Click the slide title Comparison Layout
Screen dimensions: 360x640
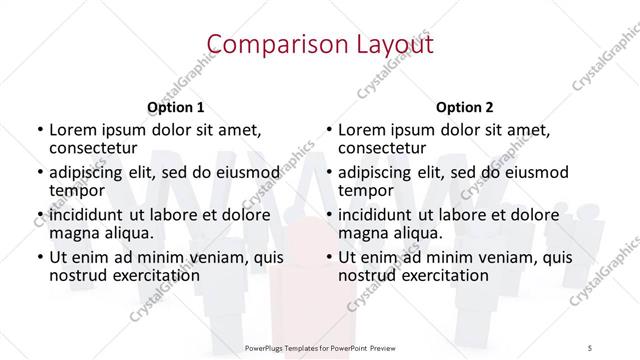click(x=320, y=43)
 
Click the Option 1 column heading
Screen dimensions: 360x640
click(x=176, y=107)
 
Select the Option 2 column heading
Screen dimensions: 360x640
click(x=466, y=107)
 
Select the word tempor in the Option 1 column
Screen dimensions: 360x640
click(x=77, y=190)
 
